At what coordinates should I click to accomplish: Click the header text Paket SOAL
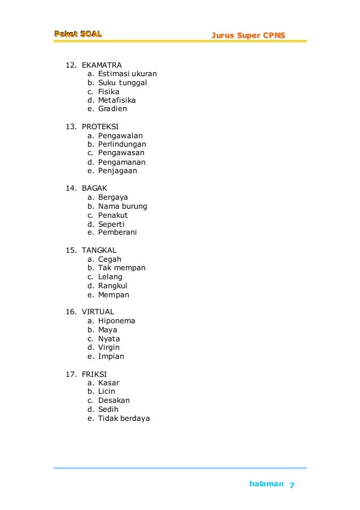pos(78,34)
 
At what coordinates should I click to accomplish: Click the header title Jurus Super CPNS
pos(248,36)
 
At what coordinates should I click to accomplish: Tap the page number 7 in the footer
pos(292,485)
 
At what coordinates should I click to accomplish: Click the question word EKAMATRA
pos(102,65)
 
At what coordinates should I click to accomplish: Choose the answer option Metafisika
pos(117,100)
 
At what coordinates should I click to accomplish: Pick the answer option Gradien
pos(112,109)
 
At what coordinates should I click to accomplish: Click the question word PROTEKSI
pos(100,126)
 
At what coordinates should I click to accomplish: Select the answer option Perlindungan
pos(122,144)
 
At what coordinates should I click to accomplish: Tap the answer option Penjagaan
pos(117,170)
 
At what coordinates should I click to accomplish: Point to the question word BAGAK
pos(94,188)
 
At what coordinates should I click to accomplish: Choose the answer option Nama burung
pos(122,206)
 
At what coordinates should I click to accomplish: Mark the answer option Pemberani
pos(117,232)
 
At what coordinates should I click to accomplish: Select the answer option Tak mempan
pos(122,267)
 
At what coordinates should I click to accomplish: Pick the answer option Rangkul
pos(113,285)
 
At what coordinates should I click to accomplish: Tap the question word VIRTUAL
pos(98,311)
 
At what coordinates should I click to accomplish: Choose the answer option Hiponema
pos(117,320)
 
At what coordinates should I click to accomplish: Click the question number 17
pos(71,373)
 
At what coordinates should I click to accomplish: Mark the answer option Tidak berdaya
pos(124,418)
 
